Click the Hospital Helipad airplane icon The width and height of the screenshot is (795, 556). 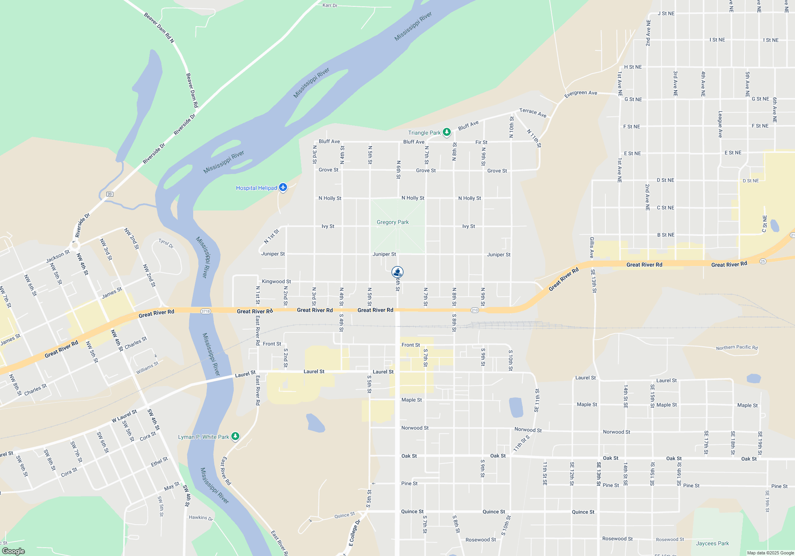point(283,187)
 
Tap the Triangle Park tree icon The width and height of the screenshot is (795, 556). point(447,132)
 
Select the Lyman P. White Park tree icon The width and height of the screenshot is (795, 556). point(235,436)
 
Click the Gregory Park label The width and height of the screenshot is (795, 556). point(392,222)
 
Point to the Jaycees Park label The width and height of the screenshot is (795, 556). point(712,543)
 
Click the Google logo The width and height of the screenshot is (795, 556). point(14,551)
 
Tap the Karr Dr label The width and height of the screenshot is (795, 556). point(330,5)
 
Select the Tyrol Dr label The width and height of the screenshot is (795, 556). point(166,243)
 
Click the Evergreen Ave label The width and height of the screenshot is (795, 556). point(580,93)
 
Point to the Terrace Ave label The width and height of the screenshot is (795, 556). point(533,113)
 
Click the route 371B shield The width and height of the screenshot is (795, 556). point(206,311)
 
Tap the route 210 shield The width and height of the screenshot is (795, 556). point(475,310)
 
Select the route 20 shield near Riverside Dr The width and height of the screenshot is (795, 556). point(110,194)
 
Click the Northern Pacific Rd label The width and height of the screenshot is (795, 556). point(737,347)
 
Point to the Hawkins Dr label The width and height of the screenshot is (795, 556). point(201,517)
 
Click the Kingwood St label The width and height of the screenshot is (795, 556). point(276,282)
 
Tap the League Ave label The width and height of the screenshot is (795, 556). point(720,124)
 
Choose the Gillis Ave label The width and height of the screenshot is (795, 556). point(592,247)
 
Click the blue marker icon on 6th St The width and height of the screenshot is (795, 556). point(397,272)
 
